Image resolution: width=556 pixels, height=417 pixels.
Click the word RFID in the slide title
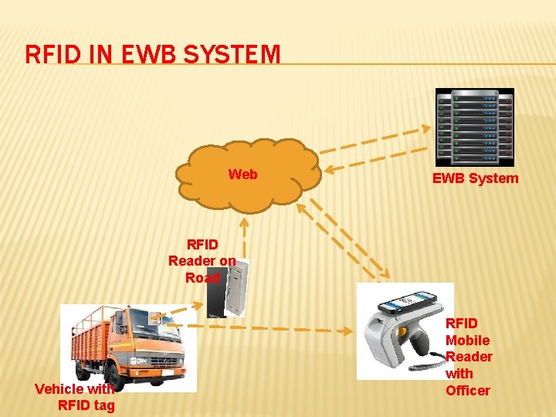pyautogui.click(x=50, y=55)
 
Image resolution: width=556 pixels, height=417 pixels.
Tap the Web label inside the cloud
pyautogui.click(x=242, y=175)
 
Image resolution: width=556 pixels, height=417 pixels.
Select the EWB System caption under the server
pyautogui.click(x=475, y=179)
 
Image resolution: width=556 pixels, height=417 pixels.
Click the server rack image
pyautogui.click(x=474, y=127)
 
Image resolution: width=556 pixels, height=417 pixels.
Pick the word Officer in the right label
pyautogui.click(x=467, y=391)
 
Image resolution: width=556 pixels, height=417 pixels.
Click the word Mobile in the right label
pyautogui.click(x=467, y=341)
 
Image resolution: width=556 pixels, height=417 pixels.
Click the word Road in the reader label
pyautogui.click(x=202, y=278)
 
